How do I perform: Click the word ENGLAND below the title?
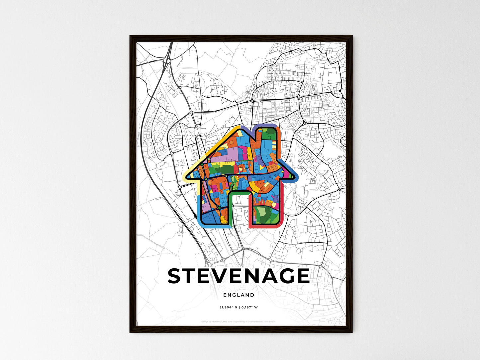239,295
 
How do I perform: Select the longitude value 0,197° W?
248,308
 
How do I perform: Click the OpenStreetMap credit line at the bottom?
239,322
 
